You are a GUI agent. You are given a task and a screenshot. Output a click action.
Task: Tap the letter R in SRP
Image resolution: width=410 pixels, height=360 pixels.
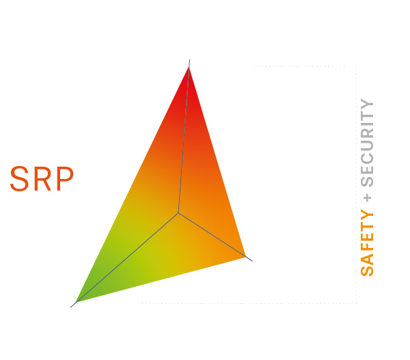click(42, 179)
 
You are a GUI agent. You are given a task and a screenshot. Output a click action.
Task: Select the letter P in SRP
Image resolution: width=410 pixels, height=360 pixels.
click(64, 179)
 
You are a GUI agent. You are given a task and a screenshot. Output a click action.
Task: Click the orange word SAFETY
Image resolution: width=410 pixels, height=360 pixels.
click(367, 243)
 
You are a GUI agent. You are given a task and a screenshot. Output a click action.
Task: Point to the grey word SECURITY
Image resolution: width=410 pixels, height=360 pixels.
click(367, 144)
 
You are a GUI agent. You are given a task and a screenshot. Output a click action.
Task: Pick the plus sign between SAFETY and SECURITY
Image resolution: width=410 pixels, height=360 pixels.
click(368, 197)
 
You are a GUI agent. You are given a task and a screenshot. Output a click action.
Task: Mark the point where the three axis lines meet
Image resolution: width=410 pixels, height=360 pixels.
click(178, 213)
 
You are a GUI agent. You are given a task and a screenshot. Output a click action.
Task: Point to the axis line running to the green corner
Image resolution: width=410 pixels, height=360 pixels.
click(126, 258)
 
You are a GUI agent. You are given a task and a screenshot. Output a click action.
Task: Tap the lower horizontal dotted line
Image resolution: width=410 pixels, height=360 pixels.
click(246, 303)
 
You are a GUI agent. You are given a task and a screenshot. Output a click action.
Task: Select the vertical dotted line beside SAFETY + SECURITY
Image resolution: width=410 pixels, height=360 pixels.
click(357, 184)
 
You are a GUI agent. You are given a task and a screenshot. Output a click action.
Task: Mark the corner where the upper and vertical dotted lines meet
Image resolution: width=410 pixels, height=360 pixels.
click(357, 66)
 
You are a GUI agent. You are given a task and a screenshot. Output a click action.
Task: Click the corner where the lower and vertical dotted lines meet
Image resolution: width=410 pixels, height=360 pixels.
click(357, 303)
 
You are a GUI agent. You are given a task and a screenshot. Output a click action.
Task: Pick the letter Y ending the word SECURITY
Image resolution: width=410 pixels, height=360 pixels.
click(367, 106)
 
